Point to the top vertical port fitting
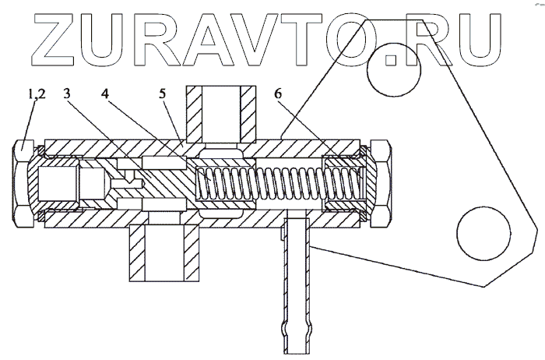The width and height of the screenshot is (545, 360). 221,113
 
